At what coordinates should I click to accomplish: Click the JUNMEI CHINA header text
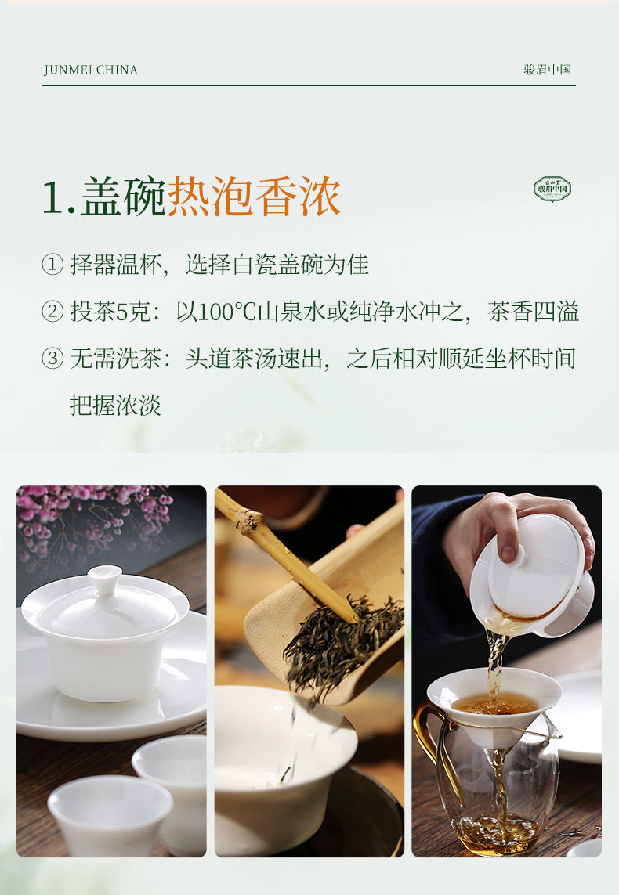coord(91,70)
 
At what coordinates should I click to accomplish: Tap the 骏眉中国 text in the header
coord(547,70)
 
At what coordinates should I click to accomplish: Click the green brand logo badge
coord(552,189)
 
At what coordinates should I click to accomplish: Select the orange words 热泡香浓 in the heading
coord(254,197)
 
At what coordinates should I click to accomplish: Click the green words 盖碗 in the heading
coord(123,197)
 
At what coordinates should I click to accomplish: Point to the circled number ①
coord(52,265)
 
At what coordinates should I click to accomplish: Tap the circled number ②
coord(52,312)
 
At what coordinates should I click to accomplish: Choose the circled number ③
coord(52,359)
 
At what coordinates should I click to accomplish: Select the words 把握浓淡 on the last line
coord(115,406)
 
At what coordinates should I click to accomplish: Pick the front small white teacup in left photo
coord(110,815)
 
